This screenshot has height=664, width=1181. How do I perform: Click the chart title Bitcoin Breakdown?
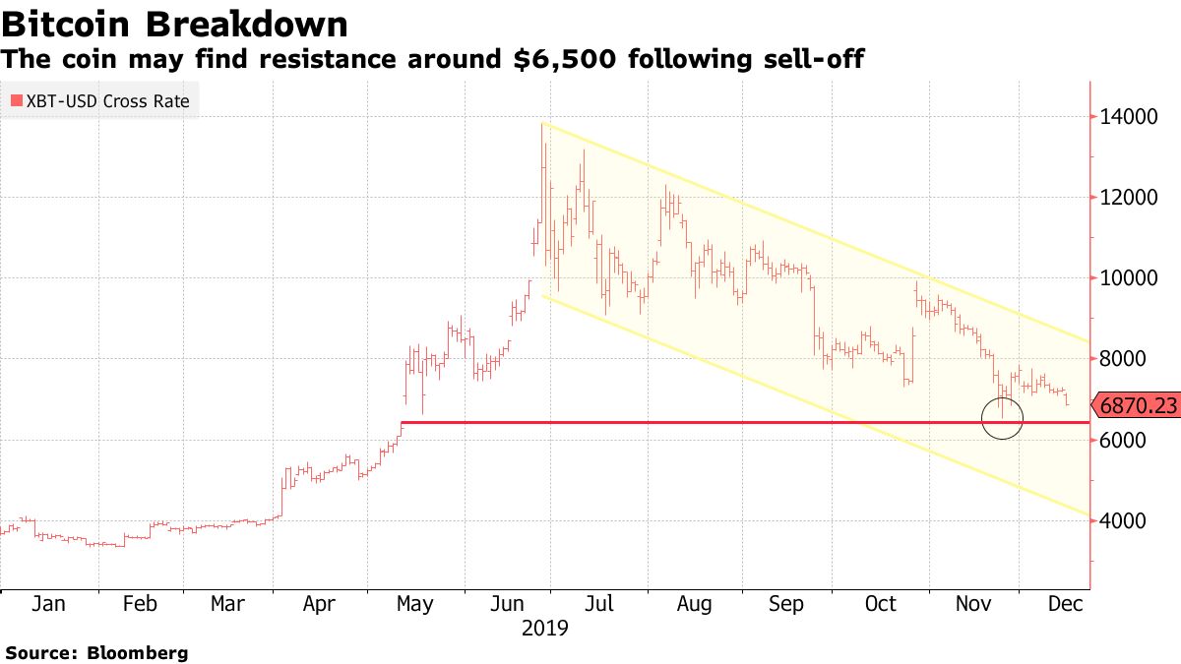click(x=174, y=23)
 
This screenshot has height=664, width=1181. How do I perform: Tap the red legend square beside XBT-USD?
click(x=16, y=100)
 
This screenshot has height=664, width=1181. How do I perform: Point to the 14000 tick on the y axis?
click(x=1129, y=117)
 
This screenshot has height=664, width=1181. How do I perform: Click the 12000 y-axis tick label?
click(x=1129, y=198)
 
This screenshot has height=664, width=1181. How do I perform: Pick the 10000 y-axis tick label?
click(x=1129, y=278)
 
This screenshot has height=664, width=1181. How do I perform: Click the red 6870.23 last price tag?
click(x=1138, y=405)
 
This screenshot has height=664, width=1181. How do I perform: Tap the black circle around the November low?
click(x=1002, y=418)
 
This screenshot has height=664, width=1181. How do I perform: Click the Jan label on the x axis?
click(x=48, y=604)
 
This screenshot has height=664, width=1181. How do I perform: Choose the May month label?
click(x=413, y=604)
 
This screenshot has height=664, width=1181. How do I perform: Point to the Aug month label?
click(x=694, y=604)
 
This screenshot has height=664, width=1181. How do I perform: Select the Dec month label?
click(x=1066, y=604)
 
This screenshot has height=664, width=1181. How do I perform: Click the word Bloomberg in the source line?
click(x=139, y=652)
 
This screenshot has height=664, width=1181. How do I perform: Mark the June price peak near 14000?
click(x=543, y=126)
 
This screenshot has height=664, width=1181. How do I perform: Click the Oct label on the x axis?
click(x=880, y=604)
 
